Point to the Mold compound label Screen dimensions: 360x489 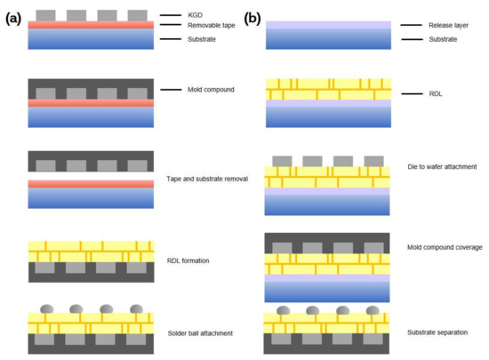213,90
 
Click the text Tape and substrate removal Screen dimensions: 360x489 207,179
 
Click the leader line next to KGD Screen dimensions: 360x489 171,16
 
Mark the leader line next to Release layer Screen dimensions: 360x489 410,25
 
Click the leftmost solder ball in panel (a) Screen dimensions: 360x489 47,308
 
